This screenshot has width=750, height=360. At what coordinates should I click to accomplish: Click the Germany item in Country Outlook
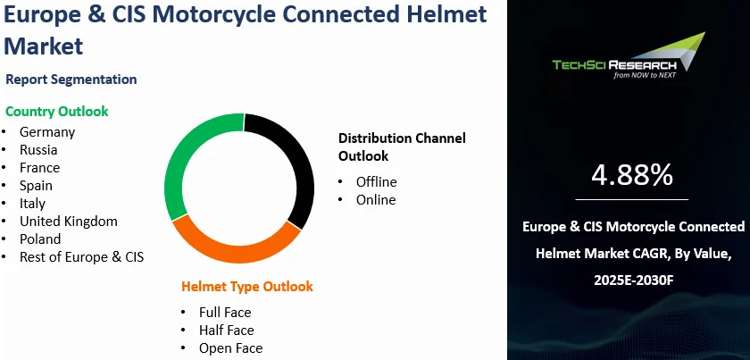pyautogui.click(x=47, y=132)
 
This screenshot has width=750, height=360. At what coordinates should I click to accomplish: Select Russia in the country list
pyautogui.click(x=39, y=150)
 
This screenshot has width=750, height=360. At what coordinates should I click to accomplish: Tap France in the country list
pyautogui.click(x=40, y=168)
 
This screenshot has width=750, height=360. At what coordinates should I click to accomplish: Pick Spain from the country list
pyautogui.click(x=37, y=186)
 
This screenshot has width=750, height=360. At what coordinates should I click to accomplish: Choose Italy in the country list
pyautogui.click(x=33, y=204)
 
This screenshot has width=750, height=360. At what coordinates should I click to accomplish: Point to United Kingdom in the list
pyautogui.click(x=69, y=222)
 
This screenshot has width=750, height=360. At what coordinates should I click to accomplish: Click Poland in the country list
pyautogui.click(x=41, y=239)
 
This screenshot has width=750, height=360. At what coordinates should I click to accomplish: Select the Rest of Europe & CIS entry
pyautogui.click(x=82, y=257)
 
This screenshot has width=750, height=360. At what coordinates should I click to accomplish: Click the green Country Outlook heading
pyautogui.click(x=57, y=112)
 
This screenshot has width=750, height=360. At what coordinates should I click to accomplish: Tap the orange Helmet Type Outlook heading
pyautogui.click(x=247, y=287)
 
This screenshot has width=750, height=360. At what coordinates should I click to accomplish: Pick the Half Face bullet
pyautogui.click(x=227, y=331)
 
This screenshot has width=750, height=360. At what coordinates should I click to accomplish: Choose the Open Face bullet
pyautogui.click(x=230, y=348)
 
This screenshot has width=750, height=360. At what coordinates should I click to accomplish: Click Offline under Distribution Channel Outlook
pyautogui.click(x=376, y=182)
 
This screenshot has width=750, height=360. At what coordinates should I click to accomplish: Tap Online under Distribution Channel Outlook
pyautogui.click(x=375, y=200)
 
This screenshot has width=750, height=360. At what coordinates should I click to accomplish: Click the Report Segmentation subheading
pyautogui.click(x=71, y=80)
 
